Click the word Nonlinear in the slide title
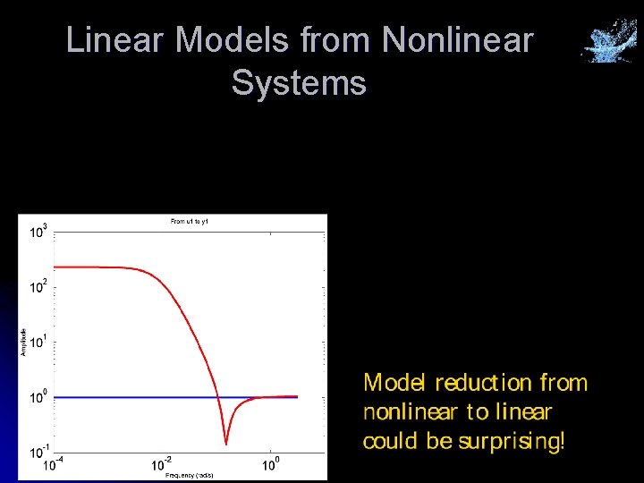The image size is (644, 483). coord(457,40)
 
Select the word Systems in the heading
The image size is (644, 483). coord(299,83)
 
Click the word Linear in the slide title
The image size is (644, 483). coord(115,40)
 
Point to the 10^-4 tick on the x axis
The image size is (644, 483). coord(55,465)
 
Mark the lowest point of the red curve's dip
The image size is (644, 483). coord(226,443)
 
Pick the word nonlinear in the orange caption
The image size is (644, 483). coord(410,412)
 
